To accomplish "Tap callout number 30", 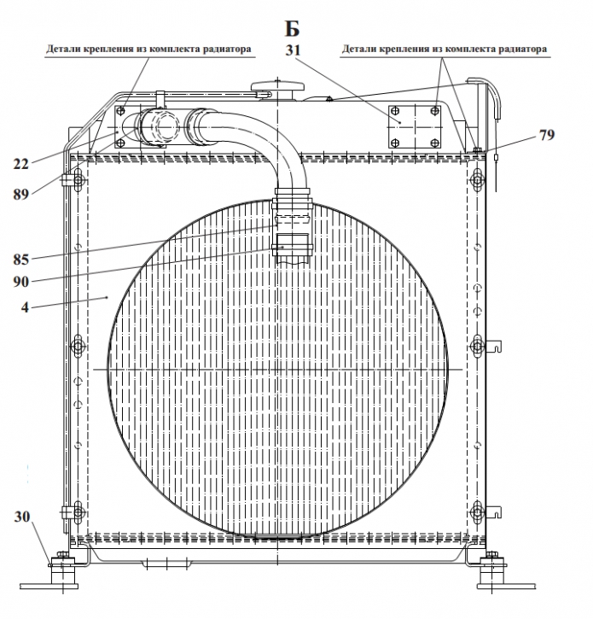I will tap(23, 517).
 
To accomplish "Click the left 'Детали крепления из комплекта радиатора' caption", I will tap(148, 50).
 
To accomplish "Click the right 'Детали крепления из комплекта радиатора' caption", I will tap(445, 50).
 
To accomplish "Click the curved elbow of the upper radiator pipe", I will tap(273, 141).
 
